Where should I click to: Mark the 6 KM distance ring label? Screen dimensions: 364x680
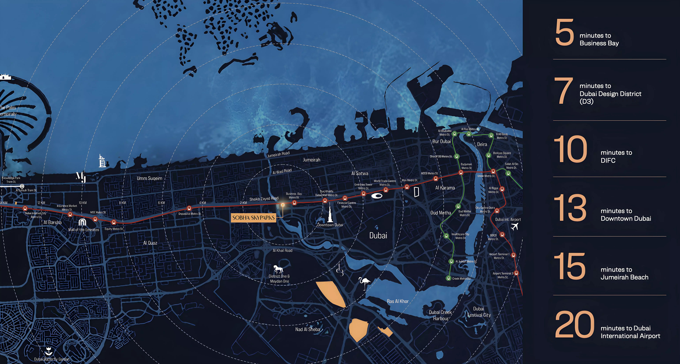pyautogui.click(x=161, y=203)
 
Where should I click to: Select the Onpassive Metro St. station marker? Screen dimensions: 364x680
pyautogui.click(x=189, y=208)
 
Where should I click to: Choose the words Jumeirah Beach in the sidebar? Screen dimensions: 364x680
pyautogui.click(x=624, y=277)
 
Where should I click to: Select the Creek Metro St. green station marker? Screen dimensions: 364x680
pyautogui.click(x=448, y=278)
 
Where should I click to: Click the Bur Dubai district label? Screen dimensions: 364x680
pyautogui.click(x=441, y=141)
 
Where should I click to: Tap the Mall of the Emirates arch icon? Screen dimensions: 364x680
pyautogui.click(x=82, y=222)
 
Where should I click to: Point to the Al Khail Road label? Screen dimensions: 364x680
pyautogui.click(x=282, y=250)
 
